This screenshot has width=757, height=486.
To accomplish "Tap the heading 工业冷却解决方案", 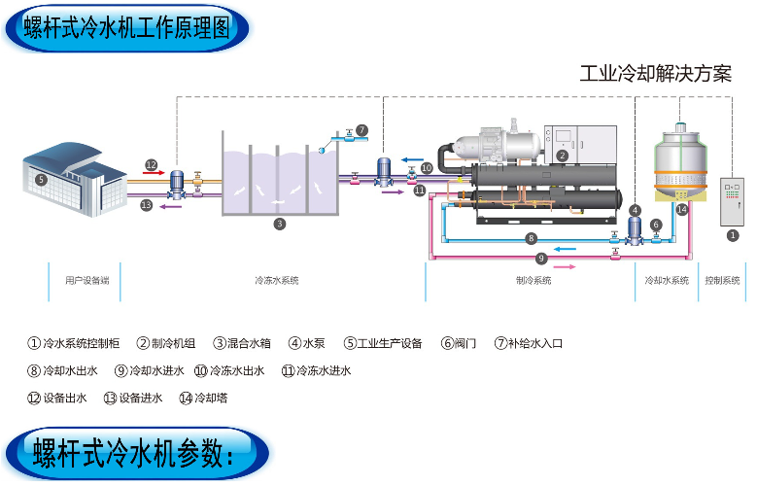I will click(655, 74).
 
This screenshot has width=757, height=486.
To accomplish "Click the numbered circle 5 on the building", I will click(41, 179).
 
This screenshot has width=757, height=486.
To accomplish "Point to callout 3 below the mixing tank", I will click(279, 224).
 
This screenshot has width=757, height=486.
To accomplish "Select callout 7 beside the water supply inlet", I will click(361, 129).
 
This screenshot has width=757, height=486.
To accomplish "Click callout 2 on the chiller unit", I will click(562, 156).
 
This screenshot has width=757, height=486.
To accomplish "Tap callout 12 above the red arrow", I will click(151, 164).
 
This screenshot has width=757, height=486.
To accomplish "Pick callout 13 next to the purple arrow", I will click(146, 205).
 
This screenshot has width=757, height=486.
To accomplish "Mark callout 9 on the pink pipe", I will click(541, 259).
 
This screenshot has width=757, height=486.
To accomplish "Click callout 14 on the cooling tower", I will click(681, 209).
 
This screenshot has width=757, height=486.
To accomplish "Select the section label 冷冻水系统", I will click(276, 281).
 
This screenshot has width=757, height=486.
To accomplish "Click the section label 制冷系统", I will click(533, 281).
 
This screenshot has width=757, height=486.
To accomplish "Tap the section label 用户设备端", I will click(86, 281).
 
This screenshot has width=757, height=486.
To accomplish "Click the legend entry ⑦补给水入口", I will click(529, 343).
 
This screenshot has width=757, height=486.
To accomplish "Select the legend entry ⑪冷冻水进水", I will click(316, 370).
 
